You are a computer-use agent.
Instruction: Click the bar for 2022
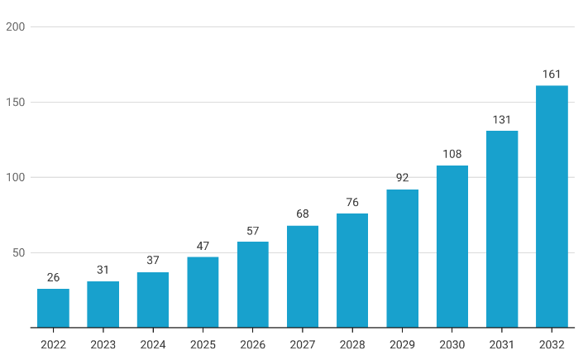53,308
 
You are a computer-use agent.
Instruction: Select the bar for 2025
203,292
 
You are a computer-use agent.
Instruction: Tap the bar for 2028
352,271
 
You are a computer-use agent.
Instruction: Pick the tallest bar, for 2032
552,206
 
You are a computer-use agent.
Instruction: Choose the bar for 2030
452,247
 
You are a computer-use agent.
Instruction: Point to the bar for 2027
303,276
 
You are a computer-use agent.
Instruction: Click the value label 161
552,74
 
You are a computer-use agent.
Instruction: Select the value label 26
53,277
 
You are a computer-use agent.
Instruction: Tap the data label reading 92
403,178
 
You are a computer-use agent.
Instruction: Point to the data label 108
452,154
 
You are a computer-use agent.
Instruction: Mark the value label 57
253,231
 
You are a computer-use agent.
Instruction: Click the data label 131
502,120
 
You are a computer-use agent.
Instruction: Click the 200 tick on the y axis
16,26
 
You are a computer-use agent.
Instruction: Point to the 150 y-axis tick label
16,102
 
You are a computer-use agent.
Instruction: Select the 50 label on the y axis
18,252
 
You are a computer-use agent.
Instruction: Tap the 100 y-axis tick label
16,177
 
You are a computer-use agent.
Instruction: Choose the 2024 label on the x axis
153,344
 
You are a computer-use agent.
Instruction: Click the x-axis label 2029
403,344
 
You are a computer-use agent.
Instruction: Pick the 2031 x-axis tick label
502,344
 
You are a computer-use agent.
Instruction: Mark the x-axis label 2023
103,344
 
